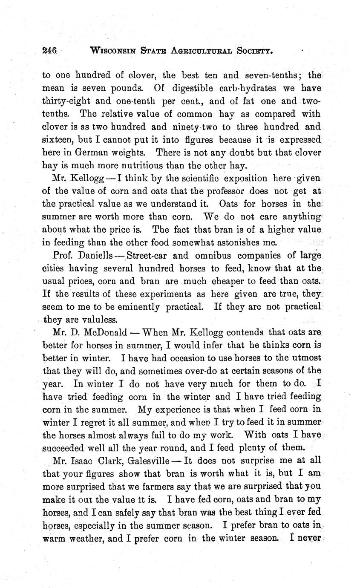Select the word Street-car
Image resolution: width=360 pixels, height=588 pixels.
tap(143, 256)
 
